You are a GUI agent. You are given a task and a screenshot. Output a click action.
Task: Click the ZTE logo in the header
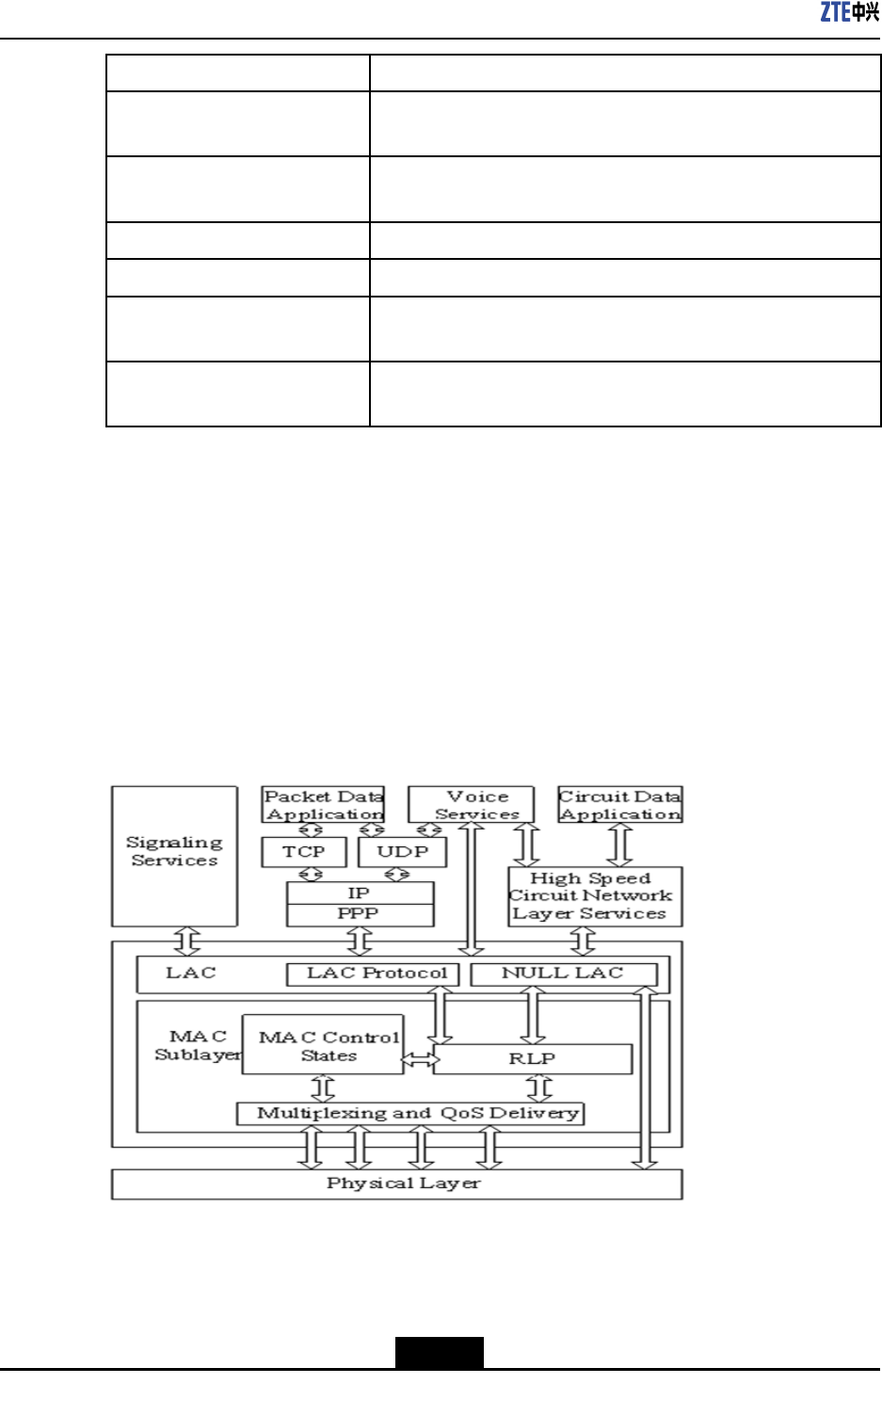click(x=849, y=12)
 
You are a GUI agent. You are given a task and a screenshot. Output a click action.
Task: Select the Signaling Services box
click(x=174, y=851)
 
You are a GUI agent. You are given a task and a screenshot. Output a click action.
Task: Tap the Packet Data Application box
click(x=323, y=805)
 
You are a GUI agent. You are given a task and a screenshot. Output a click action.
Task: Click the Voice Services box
click(x=471, y=805)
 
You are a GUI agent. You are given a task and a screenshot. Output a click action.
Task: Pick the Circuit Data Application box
click(x=620, y=805)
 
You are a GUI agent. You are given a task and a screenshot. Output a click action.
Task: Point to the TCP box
click(x=303, y=851)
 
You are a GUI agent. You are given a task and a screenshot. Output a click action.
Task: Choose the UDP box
click(x=402, y=851)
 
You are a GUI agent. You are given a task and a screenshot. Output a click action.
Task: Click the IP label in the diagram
click(x=359, y=893)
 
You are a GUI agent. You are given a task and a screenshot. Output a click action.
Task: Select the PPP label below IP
click(x=359, y=914)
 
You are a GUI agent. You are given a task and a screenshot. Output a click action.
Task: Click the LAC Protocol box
click(x=373, y=973)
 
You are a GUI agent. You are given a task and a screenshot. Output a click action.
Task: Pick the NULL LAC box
click(x=563, y=973)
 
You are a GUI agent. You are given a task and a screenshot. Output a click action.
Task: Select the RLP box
click(x=533, y=1059)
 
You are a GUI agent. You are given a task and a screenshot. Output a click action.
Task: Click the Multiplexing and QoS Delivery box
click(x=410, y=1114)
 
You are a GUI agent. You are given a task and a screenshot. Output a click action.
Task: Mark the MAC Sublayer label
click(x=197, y=1045)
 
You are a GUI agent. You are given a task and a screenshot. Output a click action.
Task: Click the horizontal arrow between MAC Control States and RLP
click(x=419, y=1060)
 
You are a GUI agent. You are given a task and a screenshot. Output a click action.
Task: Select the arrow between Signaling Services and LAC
click(x=187, y=940)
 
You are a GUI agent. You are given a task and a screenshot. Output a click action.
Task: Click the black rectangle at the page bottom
click(x=439, y=1352)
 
